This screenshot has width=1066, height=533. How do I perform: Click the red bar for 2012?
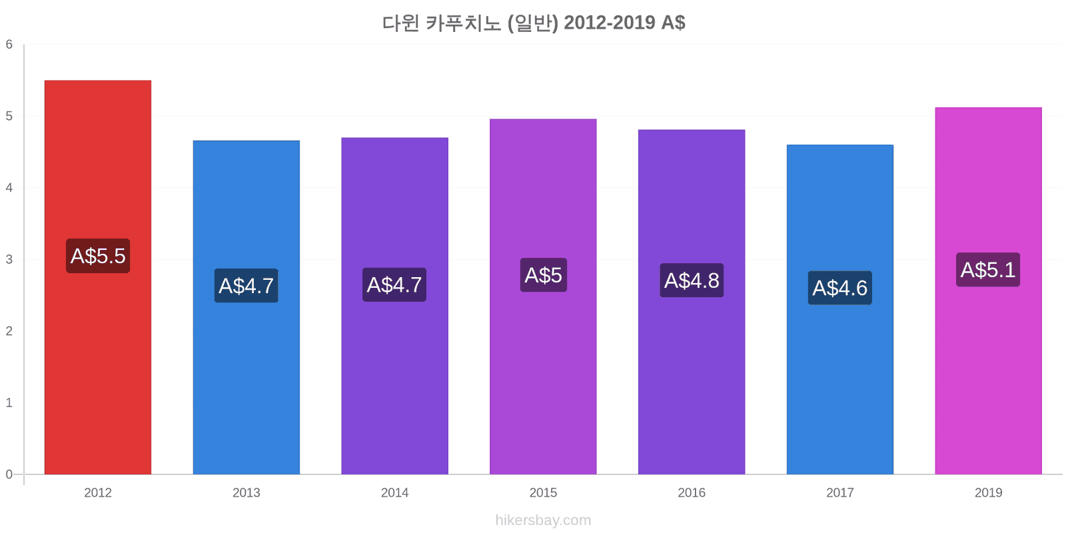tap(98, 277)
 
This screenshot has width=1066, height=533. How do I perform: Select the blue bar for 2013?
tap(247, 307)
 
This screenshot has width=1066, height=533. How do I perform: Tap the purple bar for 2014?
tap(395, 306)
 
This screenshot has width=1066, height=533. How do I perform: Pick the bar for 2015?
tap(543, 296)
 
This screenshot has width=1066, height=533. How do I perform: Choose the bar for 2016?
tap(692, 302)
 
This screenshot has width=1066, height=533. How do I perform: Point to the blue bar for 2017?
tap(840, 309)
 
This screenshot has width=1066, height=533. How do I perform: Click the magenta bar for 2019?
tap(989, 290)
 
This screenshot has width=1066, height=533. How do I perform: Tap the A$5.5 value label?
tap(98, 256)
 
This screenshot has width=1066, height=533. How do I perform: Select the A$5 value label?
tap(544, 275)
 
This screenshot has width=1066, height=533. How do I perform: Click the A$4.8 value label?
tap(692, 280)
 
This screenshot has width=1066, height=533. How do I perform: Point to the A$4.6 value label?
tap(840, 288)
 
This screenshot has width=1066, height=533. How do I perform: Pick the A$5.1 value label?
tap(988, 270)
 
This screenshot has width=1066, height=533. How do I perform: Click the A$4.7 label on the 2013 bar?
tap(246, 286)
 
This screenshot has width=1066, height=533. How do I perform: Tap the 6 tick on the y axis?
tap(9, 44)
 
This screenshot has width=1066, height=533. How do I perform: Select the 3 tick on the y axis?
tap(9, 259)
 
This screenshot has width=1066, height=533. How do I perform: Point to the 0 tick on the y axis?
tap(9, 474)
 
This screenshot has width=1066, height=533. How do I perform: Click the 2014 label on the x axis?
tap(394, 492)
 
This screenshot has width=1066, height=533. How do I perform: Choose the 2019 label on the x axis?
tap(989, 492)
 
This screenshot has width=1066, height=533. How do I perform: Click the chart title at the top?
tap(534, 23)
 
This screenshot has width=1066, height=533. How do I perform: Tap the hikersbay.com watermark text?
tap(543, 520)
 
